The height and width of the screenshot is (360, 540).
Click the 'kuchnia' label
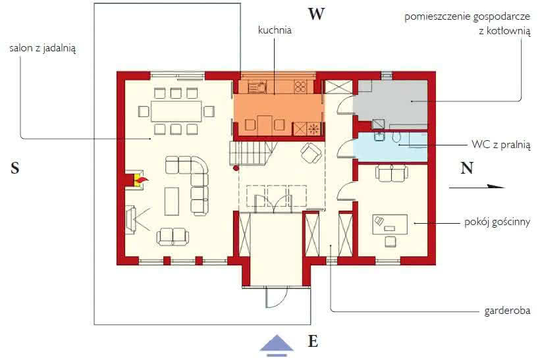pos(275,30)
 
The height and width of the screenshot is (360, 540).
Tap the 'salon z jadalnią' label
pos(43,48)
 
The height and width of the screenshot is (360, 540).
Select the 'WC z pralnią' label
pos(500,145)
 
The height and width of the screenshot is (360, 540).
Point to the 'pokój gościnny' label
pos(497,222)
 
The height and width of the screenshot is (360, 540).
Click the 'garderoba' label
pos(507,311)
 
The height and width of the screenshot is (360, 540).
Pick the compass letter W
pos(316,14)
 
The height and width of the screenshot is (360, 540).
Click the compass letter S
pos(14,168)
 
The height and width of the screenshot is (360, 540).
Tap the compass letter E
pos(313,341)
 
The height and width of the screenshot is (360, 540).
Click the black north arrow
pos(477,187)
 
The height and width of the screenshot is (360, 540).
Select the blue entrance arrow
pos(277,345)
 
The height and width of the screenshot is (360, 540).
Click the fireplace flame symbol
pos(142,180)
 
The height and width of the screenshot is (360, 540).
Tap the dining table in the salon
pos(176,111)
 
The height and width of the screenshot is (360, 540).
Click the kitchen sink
pos(257,87)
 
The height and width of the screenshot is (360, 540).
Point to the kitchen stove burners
pos(300,87)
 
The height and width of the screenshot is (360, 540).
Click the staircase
pos(252,153)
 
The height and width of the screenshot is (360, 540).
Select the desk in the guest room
pos(390,224)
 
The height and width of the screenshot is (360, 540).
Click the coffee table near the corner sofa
pos(172,201)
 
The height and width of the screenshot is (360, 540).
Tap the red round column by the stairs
pos(236,168)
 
